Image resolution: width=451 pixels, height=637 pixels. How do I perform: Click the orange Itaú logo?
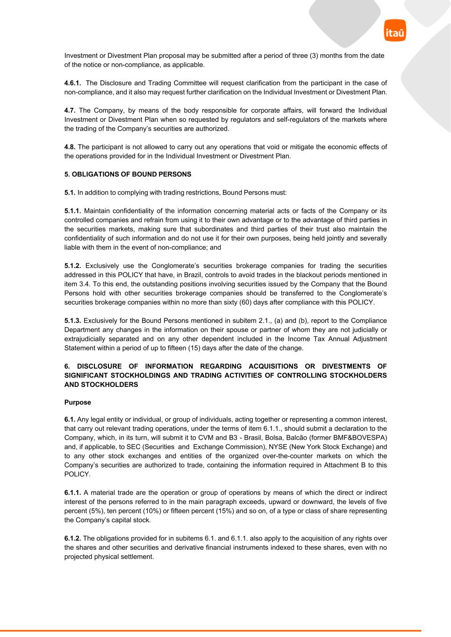pyautogui.click(x=395, y=31)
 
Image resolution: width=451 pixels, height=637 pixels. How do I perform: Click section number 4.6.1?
pyautogui.click(x=72, y=83)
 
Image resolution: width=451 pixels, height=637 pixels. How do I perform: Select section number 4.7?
pyautogui.click(x=70, y=111)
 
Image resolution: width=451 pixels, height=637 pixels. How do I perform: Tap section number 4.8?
pyautogui.click(x=70, y=147)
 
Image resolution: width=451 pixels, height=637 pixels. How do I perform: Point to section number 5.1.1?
pyautogui.click(x=72, y=211)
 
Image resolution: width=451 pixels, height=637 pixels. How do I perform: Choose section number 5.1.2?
pyautogui.click(x=72, y=266)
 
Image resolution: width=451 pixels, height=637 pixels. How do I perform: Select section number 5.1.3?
pyautogui.click(x=72, y=321)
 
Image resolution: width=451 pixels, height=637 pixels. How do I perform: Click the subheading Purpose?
pyautogui.click(x=78, y=402)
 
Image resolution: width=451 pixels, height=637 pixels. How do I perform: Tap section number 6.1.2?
pyautogui.click(x=72, y=539)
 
